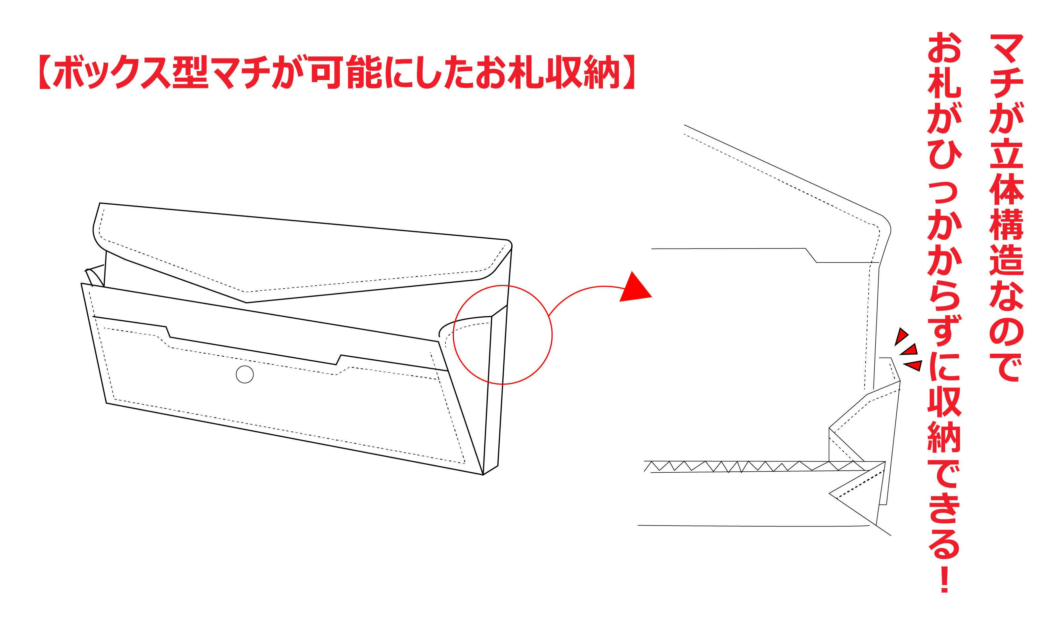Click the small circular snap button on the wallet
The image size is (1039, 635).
pyautogui.click(x=245, y=374)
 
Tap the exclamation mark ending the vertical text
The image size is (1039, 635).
pyautogui.click(x=945, y=579)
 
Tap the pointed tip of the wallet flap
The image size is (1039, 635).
pyautogui.click(x=246, y=302)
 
